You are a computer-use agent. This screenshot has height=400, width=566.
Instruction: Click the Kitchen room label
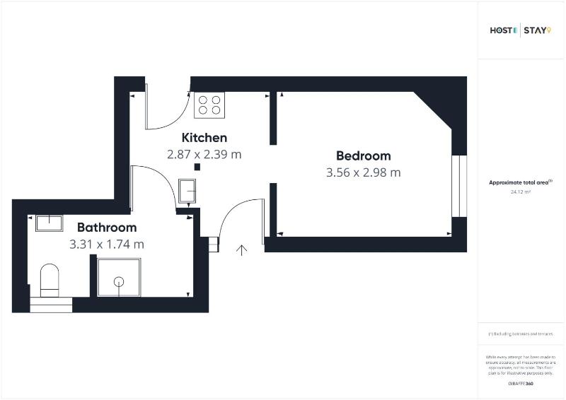pyautogui.click(x=204, y=138)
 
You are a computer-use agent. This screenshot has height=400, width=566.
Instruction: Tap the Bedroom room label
pyautogui.click(x=363, y=156)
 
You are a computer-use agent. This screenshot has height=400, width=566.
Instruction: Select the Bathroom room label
pyautogui.click(x=107, y=228)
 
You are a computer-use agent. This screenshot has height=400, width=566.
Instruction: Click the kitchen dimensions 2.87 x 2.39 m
pyautogui.click(x=204, y=154)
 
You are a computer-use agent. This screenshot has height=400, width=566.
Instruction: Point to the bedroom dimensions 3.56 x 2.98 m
pyautogui.click(x=363, y=172)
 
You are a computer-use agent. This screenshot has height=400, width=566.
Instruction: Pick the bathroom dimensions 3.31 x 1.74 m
pyautogui.click(x=107, y=245)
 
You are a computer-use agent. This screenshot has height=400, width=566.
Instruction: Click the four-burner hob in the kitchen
pyautogui.click(x=209, y=105)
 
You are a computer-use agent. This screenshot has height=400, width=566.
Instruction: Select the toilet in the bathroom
pyautogui.click(x=50, y=280)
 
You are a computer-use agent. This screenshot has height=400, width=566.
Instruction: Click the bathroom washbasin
pyautogui.click(x=49, y=223)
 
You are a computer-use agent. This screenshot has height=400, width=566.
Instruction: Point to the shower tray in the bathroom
pyautogui.click(x=118, y=277)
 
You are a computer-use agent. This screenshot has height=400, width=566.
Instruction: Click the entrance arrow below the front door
pyautogui.click(x=242, y=249)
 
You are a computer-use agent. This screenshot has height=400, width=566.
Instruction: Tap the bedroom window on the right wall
pyautogui.click(x=460, y=185)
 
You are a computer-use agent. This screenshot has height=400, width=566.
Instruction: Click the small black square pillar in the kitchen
pyautogui.click(x=197, y=167)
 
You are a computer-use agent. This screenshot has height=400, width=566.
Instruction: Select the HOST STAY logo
pyautogui.click(x=520, y=30)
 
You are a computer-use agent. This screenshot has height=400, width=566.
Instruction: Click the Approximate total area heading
pyautogui.click(x=520, y=182)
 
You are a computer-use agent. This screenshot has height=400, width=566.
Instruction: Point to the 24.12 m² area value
pyautogui.click(x=520, y=192)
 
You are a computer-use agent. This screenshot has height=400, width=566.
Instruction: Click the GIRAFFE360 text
pyautogui.click(x=520, y=383)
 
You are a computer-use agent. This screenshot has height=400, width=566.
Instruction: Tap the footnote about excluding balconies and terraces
pyautogui.click(x=520, y=334)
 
